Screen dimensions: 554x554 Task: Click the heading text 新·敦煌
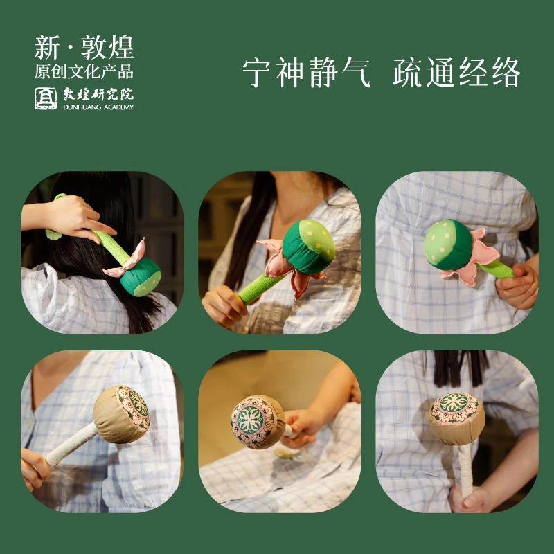click(x=84, y=47)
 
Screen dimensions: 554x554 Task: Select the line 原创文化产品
click(x=84, y=71)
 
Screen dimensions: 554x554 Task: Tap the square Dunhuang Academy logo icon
click(x=46, y=98)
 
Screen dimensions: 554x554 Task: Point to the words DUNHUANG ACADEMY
click(x=98, y=107)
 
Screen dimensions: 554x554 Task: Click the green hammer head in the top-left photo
click(x=141, y=277)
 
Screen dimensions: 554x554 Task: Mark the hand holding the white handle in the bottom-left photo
click(x=35, y=468)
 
